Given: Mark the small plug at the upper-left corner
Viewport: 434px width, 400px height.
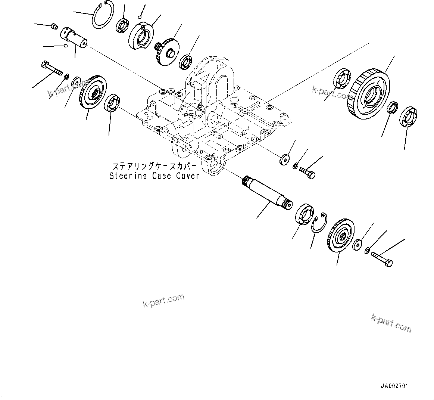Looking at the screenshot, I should point(54,27).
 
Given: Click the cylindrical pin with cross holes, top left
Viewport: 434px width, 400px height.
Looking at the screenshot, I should point(74,37).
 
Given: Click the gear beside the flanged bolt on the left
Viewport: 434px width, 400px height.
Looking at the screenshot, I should point(93,93).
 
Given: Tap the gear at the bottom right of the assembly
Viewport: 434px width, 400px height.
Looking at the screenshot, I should point(340,236).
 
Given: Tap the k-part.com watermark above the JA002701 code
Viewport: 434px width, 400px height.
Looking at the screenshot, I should point(391,323).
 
